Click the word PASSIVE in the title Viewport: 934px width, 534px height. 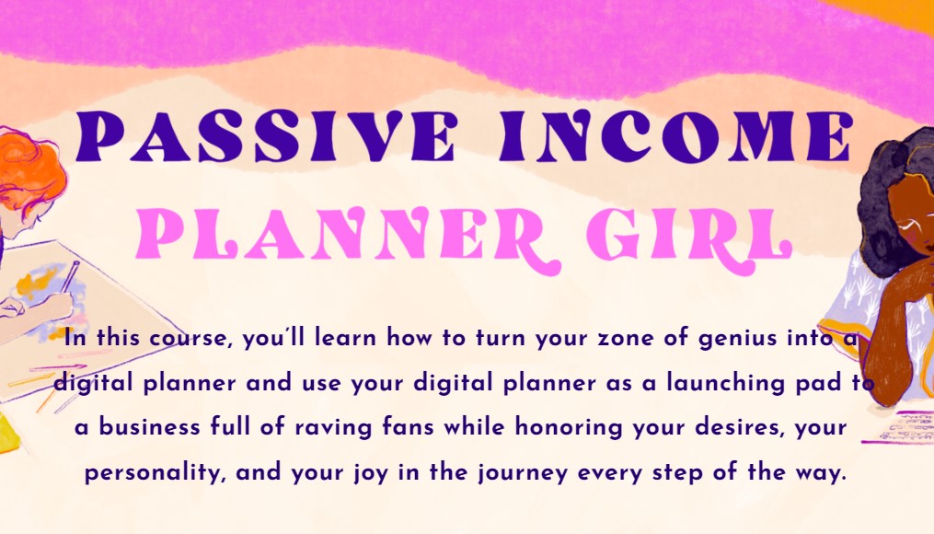[x=266, y=136]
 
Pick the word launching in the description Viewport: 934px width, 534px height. [x=725, y=383]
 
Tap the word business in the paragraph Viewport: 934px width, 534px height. [x=149, y=426]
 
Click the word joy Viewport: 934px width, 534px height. [x=368, y=473]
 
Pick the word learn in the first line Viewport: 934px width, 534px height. [x=345, y=338]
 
